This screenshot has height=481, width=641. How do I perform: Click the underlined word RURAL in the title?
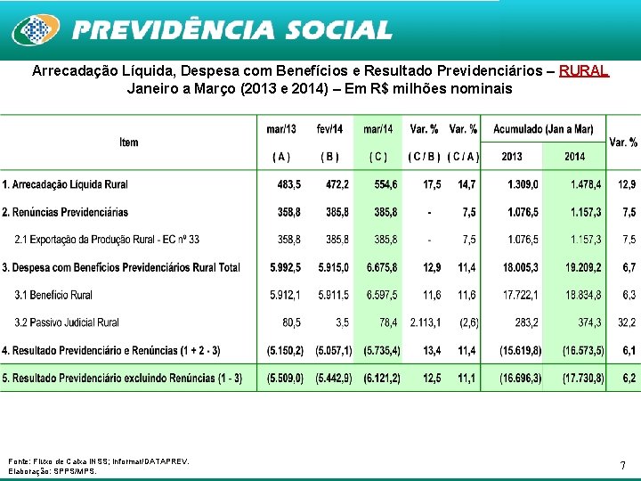(x=584, y=70)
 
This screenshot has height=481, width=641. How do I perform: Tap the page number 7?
(x=622, y=465)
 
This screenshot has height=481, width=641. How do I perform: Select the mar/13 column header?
(x=281, y=129)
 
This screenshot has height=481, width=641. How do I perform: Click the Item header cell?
(x=129, y=143)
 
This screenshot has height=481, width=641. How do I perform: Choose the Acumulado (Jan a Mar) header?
(x=542, y=129)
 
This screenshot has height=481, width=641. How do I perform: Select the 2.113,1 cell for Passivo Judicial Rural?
(x=425, y=322)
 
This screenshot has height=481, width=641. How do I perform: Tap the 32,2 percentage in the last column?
(x=628, y=322)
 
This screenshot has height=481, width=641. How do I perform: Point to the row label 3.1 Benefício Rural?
(x=53, y=295)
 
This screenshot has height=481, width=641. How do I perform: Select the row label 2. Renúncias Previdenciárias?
(x=65, y=212)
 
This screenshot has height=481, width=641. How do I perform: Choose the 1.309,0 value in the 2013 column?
(x=523, y=184)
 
